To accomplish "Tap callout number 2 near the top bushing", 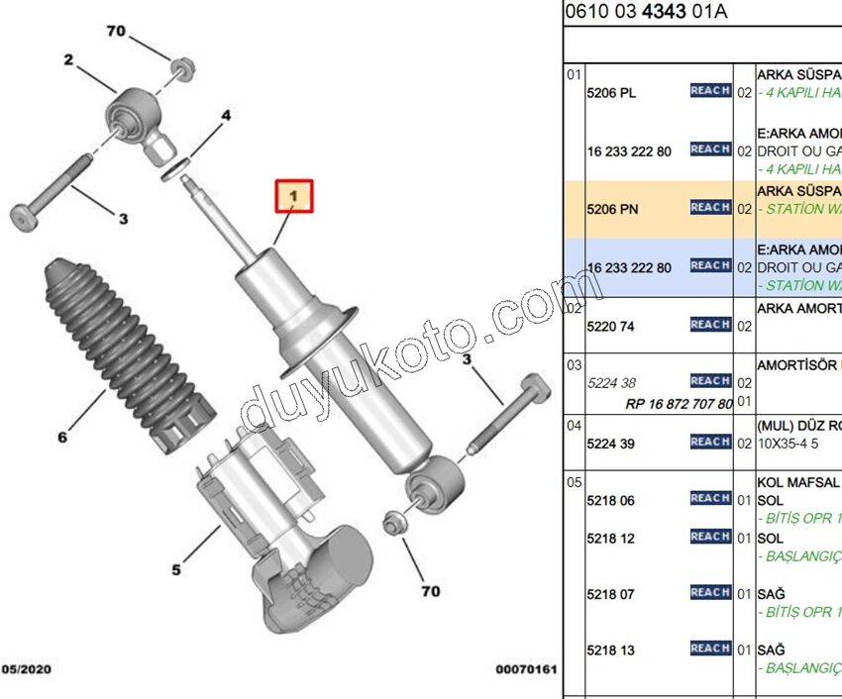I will point(69,60).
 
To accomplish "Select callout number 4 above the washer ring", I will point(226,116).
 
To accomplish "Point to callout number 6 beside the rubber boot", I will point(62,436).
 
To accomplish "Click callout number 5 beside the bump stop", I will point(176,569).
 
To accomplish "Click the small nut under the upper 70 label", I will point(182,68).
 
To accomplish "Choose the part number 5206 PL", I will point(611,93).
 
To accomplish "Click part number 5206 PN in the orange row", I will point(611,209).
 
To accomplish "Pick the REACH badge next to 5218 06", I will point(710,499).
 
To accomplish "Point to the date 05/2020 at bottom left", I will point(27,669).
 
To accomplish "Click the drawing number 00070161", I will point(526,669).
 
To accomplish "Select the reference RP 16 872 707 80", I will point(680,404).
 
